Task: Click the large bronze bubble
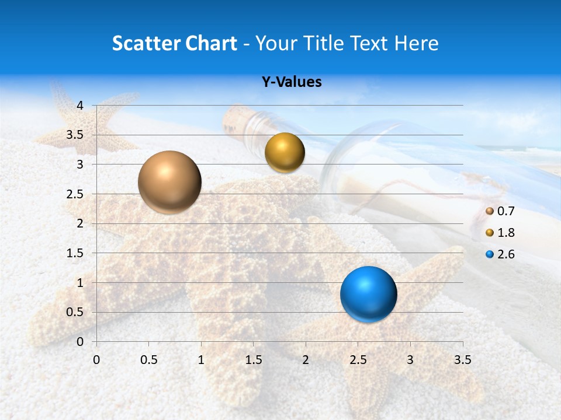[x=169, y=182]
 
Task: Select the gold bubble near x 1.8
[x=285, y=153]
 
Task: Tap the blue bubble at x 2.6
[x=368, y=294]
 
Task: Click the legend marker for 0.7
[x=490, y=211]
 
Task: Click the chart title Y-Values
[x=291, y=82]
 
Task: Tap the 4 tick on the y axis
[x=80, y=106]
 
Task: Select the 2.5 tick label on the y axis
[x=75, y=194]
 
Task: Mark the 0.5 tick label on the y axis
[x=75, y=312]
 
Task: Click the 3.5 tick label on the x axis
[x=462, y=360]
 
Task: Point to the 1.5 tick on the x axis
[x=253, y=360]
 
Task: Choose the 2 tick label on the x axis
[x=305, y=360]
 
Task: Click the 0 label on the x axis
[x=96, y=360]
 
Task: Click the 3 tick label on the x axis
[x=410, y=360]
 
